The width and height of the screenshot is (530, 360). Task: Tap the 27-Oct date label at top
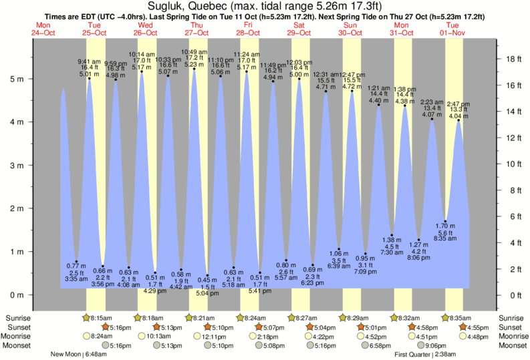click(198, 32)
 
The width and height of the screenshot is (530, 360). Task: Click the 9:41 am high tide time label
click(89, 61)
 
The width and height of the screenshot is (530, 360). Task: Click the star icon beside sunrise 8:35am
click(448, 318)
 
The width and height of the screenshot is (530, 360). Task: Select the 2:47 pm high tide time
click(458, 104)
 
